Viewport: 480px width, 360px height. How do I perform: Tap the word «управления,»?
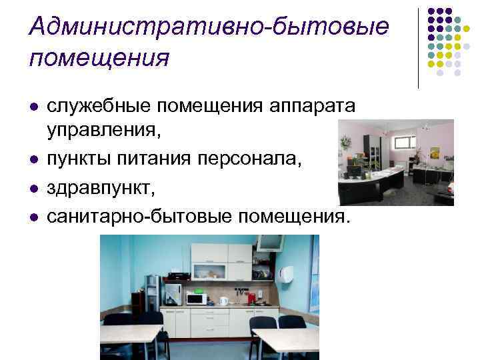click(103, 128)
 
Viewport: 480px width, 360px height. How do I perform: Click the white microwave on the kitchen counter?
click(196, 299)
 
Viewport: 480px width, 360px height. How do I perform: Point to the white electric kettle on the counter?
click(224, 301)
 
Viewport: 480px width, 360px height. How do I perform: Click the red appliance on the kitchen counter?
click(252, 296)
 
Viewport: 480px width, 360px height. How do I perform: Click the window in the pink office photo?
click(403, 142)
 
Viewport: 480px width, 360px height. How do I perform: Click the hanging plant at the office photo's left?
click(345, 142)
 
